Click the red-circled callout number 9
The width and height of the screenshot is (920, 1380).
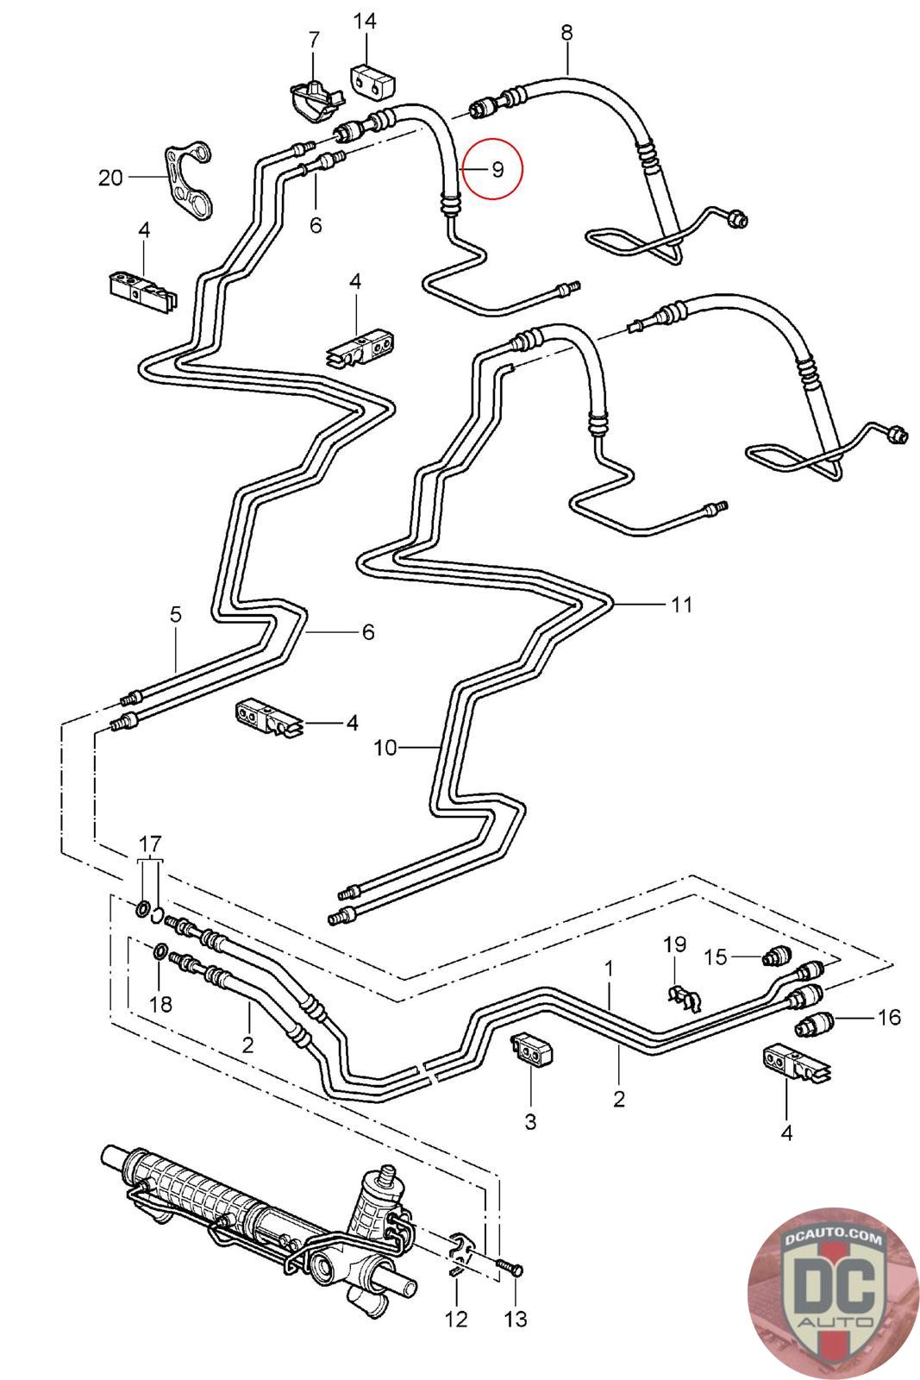tap(498, 169)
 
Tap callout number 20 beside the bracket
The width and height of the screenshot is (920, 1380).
tap(111, 178)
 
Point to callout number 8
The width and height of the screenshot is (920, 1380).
tap(566, 33)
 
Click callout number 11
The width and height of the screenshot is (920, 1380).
tap(682, 605)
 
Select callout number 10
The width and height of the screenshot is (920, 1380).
tap(385, 747)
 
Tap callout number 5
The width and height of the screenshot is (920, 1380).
tap(176, 615)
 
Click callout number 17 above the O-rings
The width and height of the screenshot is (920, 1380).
tap(150, 843)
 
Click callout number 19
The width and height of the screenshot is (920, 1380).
tap(674, 944)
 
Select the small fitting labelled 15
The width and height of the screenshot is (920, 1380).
tap(778, 956)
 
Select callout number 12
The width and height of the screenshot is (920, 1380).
tap(456, 1319)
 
